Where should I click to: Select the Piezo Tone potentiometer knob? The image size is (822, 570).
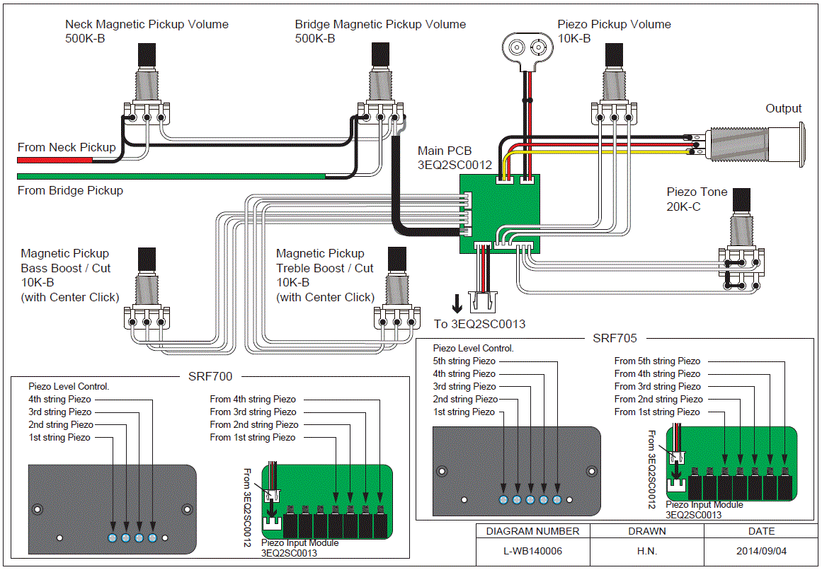coord(741,202)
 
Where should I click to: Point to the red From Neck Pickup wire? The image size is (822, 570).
coord(55,160)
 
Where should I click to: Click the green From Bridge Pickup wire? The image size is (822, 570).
coord(171,176)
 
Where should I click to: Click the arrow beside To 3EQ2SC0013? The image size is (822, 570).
coord(457,303)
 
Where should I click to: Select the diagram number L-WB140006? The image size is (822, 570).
coord(532,551)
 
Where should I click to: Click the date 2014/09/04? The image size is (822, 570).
coord(761,551)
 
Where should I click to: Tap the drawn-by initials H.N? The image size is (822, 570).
coord(647,551)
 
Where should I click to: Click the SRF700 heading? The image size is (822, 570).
coord(210,376)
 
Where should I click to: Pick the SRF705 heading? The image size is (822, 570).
coord(615,338)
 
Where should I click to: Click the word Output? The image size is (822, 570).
coord(784,108)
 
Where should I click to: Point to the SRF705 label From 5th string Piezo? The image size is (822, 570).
coord(658,361)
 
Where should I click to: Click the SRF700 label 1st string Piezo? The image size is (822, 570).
coord(59,438)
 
